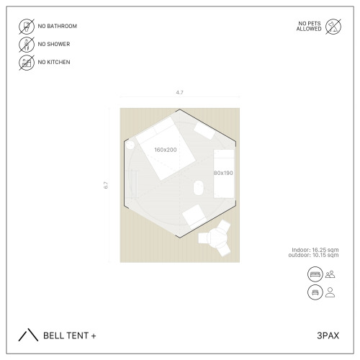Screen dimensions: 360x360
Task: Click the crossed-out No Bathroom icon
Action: pos(27,26)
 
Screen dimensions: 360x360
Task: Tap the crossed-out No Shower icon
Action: pos(27,44)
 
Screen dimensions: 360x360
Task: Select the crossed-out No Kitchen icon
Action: pos(27,63)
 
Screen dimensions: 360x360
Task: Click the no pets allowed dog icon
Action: pos(333,27)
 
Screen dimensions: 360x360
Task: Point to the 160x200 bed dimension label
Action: pos(166,150)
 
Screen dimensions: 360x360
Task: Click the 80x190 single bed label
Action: pos(223,173)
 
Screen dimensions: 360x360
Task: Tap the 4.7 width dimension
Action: pos(179,92)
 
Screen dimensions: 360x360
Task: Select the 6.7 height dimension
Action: pos(106,185)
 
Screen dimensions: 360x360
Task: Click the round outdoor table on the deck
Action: pos(218,238)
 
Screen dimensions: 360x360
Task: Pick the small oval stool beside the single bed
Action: pos(199,188)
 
